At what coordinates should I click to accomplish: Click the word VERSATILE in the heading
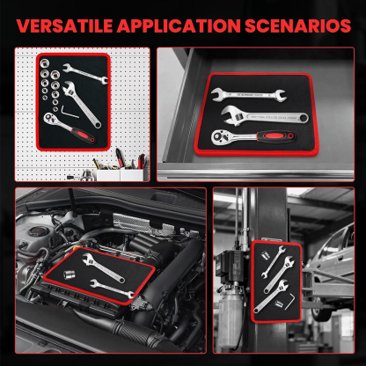[x=65, y=26]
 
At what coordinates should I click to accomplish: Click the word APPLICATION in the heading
[x=179, y=26]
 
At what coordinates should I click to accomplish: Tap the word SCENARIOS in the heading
[x=298, y=26]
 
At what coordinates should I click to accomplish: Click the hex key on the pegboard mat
[x=70, y=113]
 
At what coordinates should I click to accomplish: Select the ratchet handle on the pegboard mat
[x=70, y=128]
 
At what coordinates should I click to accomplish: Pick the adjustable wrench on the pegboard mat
[x=81, y=104]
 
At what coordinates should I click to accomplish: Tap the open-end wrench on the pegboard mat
[x=85, y=73]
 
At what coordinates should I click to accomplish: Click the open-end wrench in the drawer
[x=248, y=94]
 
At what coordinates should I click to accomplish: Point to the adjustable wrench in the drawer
[x=265, y=116]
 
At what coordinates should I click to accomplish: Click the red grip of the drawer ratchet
[x=276, y=136]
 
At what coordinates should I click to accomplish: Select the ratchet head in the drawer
[x=221, y=138]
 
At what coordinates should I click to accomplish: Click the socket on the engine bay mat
[x=70, y=275]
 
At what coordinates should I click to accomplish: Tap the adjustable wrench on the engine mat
[x=103, y=267]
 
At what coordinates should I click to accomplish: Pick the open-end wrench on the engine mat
[x=112, y=289]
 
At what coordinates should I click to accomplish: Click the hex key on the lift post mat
[x=289, y=301]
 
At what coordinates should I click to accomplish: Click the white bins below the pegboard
[x=120, y=175]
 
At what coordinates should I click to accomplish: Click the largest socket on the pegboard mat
[x=45, y=62]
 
